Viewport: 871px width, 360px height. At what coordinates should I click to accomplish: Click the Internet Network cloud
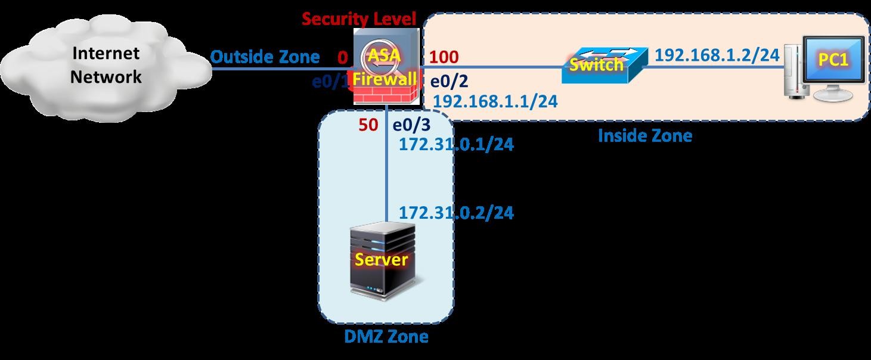(106, 66)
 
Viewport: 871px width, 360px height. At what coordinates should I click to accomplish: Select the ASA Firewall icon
(384, 67)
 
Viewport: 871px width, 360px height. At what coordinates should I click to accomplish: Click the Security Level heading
(358, 18)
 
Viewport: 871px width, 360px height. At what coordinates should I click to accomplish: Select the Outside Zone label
(265, 57)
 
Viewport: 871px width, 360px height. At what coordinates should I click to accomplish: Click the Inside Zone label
(644, 136)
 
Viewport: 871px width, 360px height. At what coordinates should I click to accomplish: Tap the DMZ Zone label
(386, 337)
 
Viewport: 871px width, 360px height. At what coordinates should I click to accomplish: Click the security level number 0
(342, 58)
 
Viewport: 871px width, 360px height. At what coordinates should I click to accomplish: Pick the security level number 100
(444, 57)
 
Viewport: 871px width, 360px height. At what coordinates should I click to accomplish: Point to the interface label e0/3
(410, 125)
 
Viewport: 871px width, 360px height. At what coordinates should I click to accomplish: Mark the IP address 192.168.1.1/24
(495, 101)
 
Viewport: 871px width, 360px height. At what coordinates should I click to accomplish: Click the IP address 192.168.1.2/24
(717, 55)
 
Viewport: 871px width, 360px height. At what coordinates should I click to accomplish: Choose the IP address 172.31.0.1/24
(456, 144)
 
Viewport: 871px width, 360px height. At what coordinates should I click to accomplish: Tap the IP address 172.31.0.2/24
(456, 212)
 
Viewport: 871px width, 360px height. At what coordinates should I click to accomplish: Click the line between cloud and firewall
(280, 68)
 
